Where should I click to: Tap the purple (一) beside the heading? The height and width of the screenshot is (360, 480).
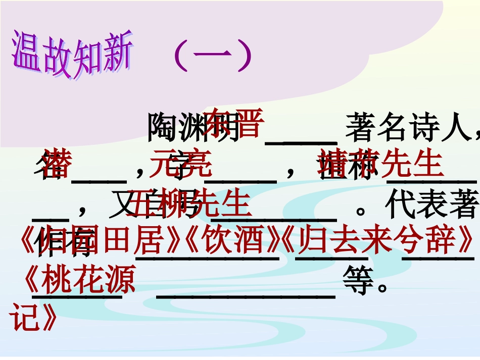click(212, 57)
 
